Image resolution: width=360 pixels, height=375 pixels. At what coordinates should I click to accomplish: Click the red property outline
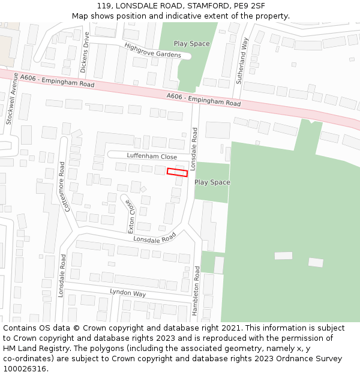[177, 172]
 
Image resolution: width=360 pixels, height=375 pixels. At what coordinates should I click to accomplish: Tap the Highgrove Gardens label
[152, 50]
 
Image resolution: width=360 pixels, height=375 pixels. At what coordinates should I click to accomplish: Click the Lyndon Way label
[128, 293]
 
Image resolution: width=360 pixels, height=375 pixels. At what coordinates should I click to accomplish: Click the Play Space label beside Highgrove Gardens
[191, 44]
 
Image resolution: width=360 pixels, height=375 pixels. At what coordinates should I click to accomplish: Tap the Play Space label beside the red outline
[212, 182]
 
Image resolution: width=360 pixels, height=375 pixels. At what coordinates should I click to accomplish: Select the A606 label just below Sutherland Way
[203, 100]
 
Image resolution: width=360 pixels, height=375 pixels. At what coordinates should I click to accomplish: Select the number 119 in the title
[103, 6]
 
